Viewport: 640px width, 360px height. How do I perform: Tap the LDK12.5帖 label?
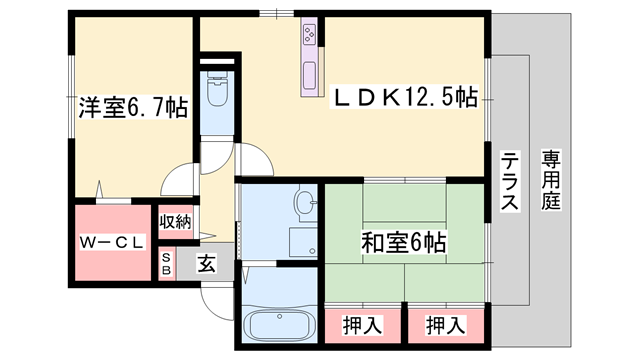point(404,97)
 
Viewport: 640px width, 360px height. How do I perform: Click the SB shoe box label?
point(166,263)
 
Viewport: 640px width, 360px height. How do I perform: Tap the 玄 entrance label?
point(206,265)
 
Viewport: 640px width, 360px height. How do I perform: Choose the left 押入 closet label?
point(361,325)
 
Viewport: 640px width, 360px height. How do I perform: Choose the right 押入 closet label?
point(445,325)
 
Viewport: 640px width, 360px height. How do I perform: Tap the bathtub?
point(278,325)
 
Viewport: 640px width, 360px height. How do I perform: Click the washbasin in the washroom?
point(305,205)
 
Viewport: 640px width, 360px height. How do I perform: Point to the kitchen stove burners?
point(309,37)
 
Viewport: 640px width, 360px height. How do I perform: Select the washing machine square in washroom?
point(303,243)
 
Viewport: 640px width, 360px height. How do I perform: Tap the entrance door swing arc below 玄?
point(215,298)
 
